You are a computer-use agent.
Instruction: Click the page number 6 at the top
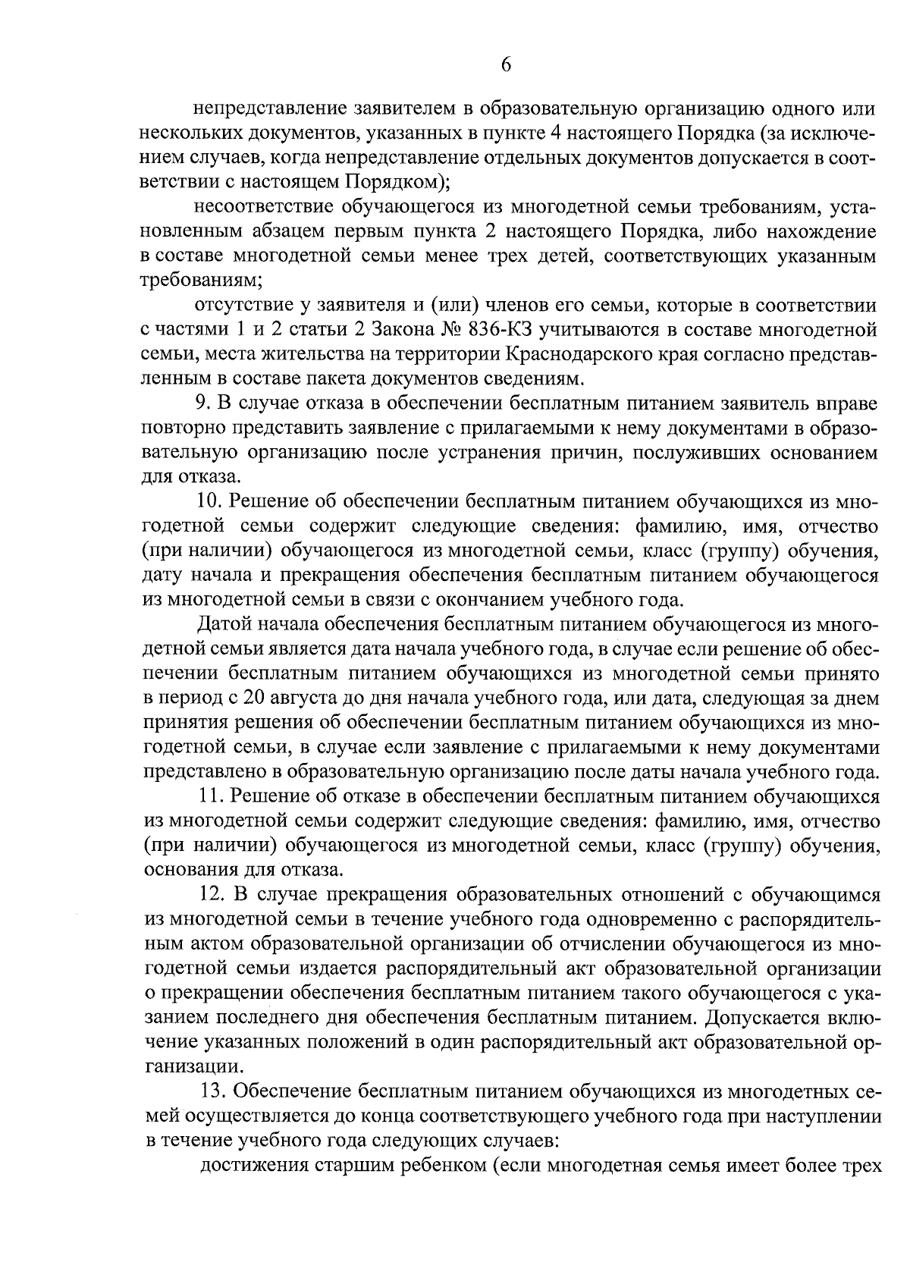point(507,65)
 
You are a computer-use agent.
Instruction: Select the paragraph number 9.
point(202,403)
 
